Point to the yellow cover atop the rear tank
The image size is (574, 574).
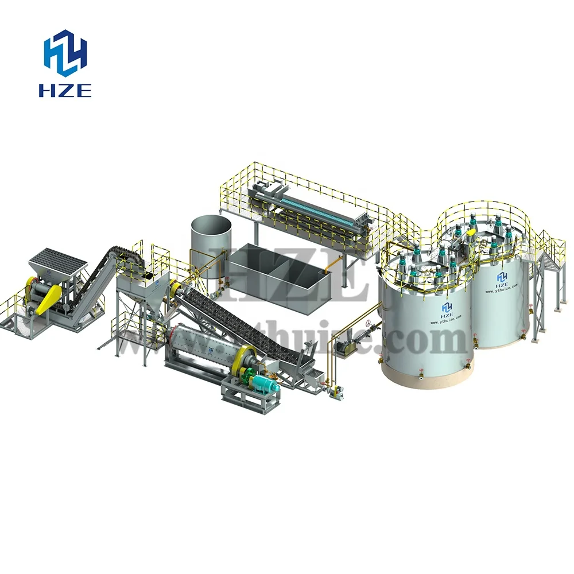coord(471,233)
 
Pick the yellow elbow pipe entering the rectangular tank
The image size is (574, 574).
coord(329,266)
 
